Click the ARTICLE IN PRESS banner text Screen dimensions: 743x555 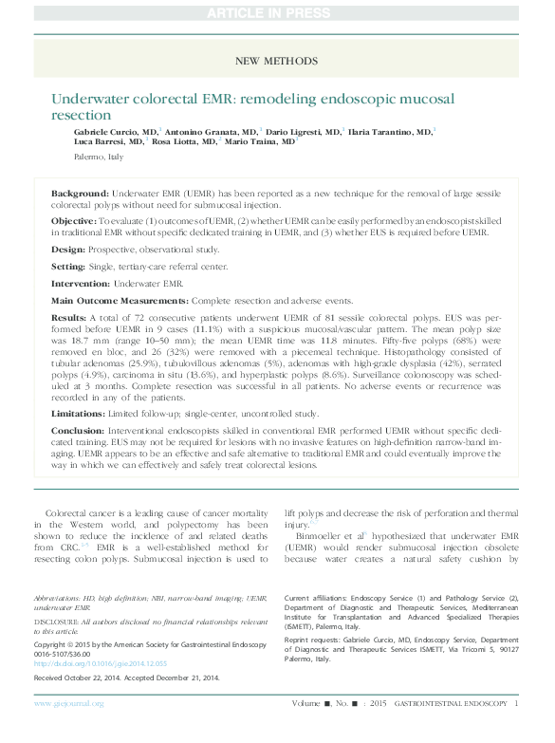tap(277, 12)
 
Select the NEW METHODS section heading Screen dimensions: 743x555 tap(277, 62)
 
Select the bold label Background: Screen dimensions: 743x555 tap(79, 193)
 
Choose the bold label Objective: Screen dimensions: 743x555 tap(75, 219)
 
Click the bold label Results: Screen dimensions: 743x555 tap(69, 318)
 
